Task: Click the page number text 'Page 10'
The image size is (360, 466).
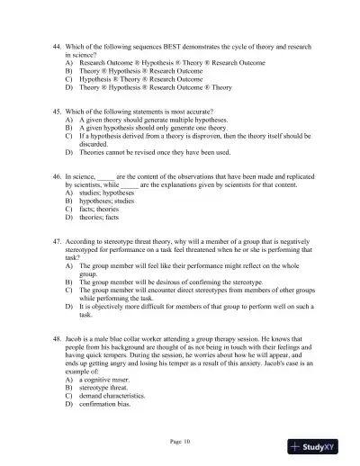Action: (181, 440)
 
